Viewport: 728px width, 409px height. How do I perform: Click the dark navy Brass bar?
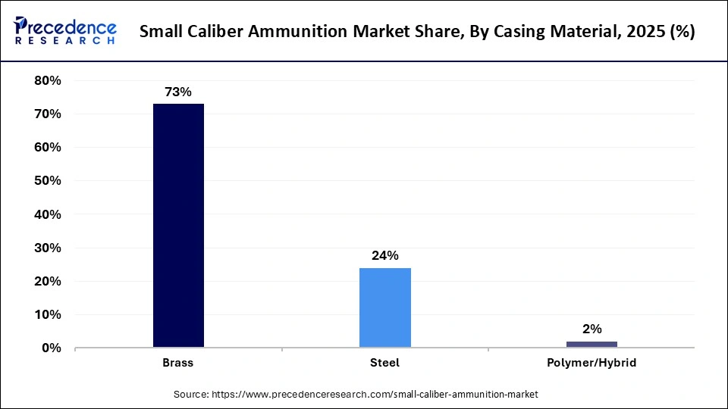click(178, 226)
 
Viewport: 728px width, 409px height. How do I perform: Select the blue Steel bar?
click(385, 308)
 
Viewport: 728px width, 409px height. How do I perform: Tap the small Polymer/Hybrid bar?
click(591, 345)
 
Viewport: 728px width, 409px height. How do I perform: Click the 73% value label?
click(178, 92)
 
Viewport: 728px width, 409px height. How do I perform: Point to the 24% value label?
click(385, 256)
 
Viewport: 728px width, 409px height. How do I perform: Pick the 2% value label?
click(591, 329)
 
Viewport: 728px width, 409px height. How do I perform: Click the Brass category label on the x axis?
click(178, 363)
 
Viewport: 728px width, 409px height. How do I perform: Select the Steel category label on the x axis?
click(385, 363)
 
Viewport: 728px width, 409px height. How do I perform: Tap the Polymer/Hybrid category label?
click(591, 363)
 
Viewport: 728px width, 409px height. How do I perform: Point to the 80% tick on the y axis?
click(47, 80)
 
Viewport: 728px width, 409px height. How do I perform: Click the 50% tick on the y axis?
click(47, 181)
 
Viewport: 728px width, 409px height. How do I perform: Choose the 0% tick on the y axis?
click(51, 348)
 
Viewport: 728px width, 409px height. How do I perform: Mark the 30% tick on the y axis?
click(47, 248)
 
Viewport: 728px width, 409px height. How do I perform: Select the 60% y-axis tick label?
click(47, 147)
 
